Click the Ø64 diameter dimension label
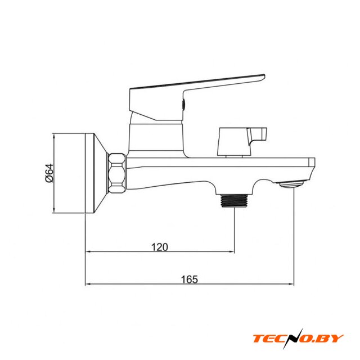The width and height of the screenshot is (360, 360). (49, 173)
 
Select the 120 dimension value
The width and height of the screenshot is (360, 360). (160, 247)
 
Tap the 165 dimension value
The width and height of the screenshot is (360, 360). (190, 280)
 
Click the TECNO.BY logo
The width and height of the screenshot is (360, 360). (298, 339)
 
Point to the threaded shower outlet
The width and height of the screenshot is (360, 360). (235, 200)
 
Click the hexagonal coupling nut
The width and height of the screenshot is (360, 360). (117, 173)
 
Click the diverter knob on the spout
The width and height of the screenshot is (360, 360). (242, 141)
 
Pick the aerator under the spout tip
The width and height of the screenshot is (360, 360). (291, 184)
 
